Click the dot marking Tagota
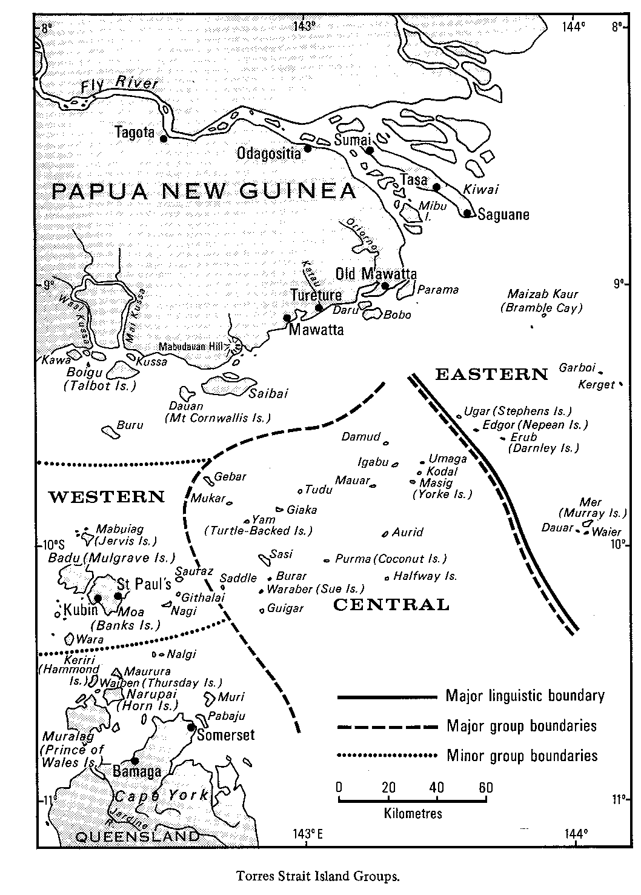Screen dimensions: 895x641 coord(164,139)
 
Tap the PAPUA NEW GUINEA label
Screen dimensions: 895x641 coord(204,191)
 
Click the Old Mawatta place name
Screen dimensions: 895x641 coord(376,274)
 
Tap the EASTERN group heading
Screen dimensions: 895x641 coord(491,374)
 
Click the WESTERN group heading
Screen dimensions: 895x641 coord(106,497)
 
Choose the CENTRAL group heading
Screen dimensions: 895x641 coord(391,604)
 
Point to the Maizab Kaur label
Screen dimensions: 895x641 coord(543,294)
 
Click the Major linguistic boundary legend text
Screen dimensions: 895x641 coord(525,696)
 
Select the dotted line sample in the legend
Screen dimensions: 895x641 coord(387,756)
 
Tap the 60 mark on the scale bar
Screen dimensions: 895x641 coord(485,788)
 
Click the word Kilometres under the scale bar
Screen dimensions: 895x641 coord(413,813)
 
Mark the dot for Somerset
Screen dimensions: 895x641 coord(191,727)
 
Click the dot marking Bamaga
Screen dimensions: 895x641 coord(135,761)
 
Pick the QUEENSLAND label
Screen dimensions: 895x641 coord(137,837)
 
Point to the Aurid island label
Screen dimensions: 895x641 coord(407,532)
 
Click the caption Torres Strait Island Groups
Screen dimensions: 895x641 coord(319,875)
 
